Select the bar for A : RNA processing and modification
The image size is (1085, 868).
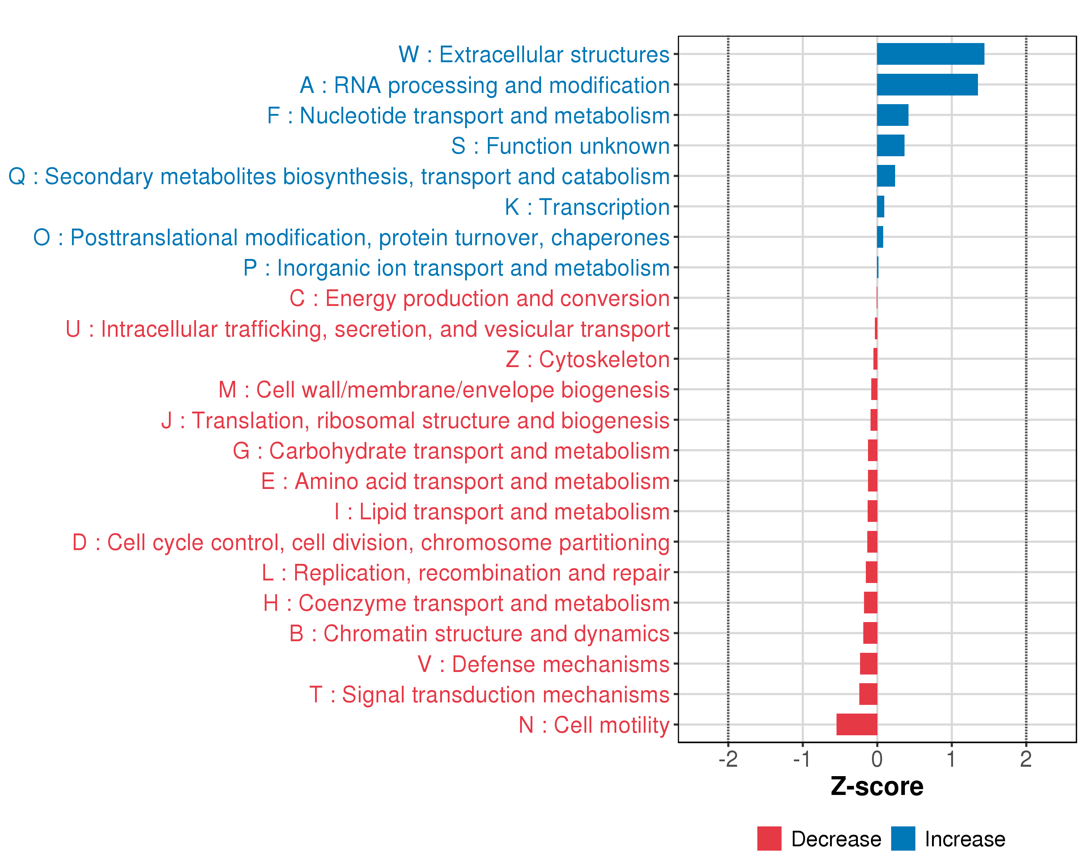click(x=927, y=85)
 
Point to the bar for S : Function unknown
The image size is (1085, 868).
click(x=890, y=145)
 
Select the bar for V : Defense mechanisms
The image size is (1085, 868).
click(x=869, y=663)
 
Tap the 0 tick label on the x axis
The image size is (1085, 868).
click(x=877, y=759)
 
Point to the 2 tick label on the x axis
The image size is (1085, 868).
click(x=1026, y=759)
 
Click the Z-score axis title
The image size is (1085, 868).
click(x=877, y=787)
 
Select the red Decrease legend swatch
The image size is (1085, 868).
click(x=769, y=838)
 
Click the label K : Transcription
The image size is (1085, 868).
click(x=587, y=207)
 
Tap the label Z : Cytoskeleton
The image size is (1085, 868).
click(x=587, y=359)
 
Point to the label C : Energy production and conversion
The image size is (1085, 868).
click(x=479, y=298)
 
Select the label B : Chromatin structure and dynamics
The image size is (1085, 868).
click(x=479, y=634)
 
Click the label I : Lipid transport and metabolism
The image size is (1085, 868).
click(x=502, y=512)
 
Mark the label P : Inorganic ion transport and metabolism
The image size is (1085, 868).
click(x=456, y=268)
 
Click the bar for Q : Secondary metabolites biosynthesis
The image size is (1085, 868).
click(x=886, y=176)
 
